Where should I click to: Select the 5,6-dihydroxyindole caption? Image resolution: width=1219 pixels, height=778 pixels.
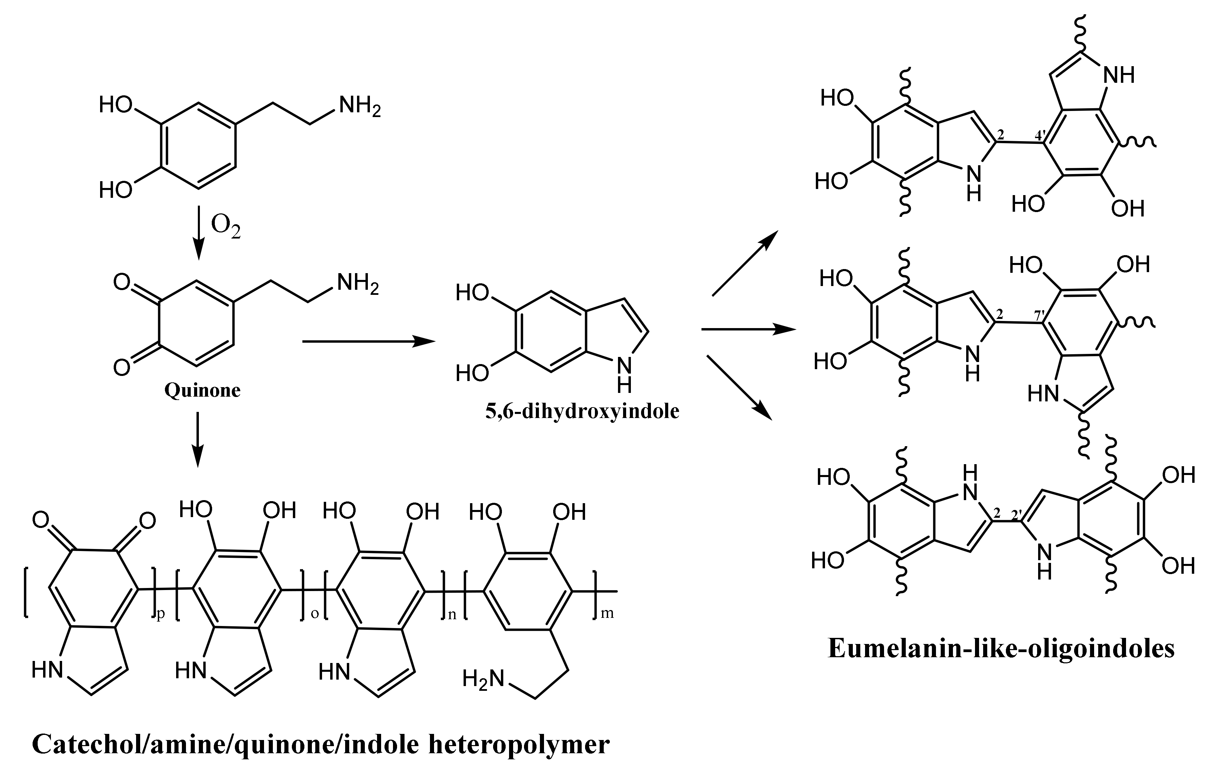582,411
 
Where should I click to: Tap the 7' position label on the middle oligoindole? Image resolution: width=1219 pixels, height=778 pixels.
1040,315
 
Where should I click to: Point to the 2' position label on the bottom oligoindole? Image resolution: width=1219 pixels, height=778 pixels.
1017,516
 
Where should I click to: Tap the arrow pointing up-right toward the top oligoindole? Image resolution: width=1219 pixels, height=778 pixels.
745,263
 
